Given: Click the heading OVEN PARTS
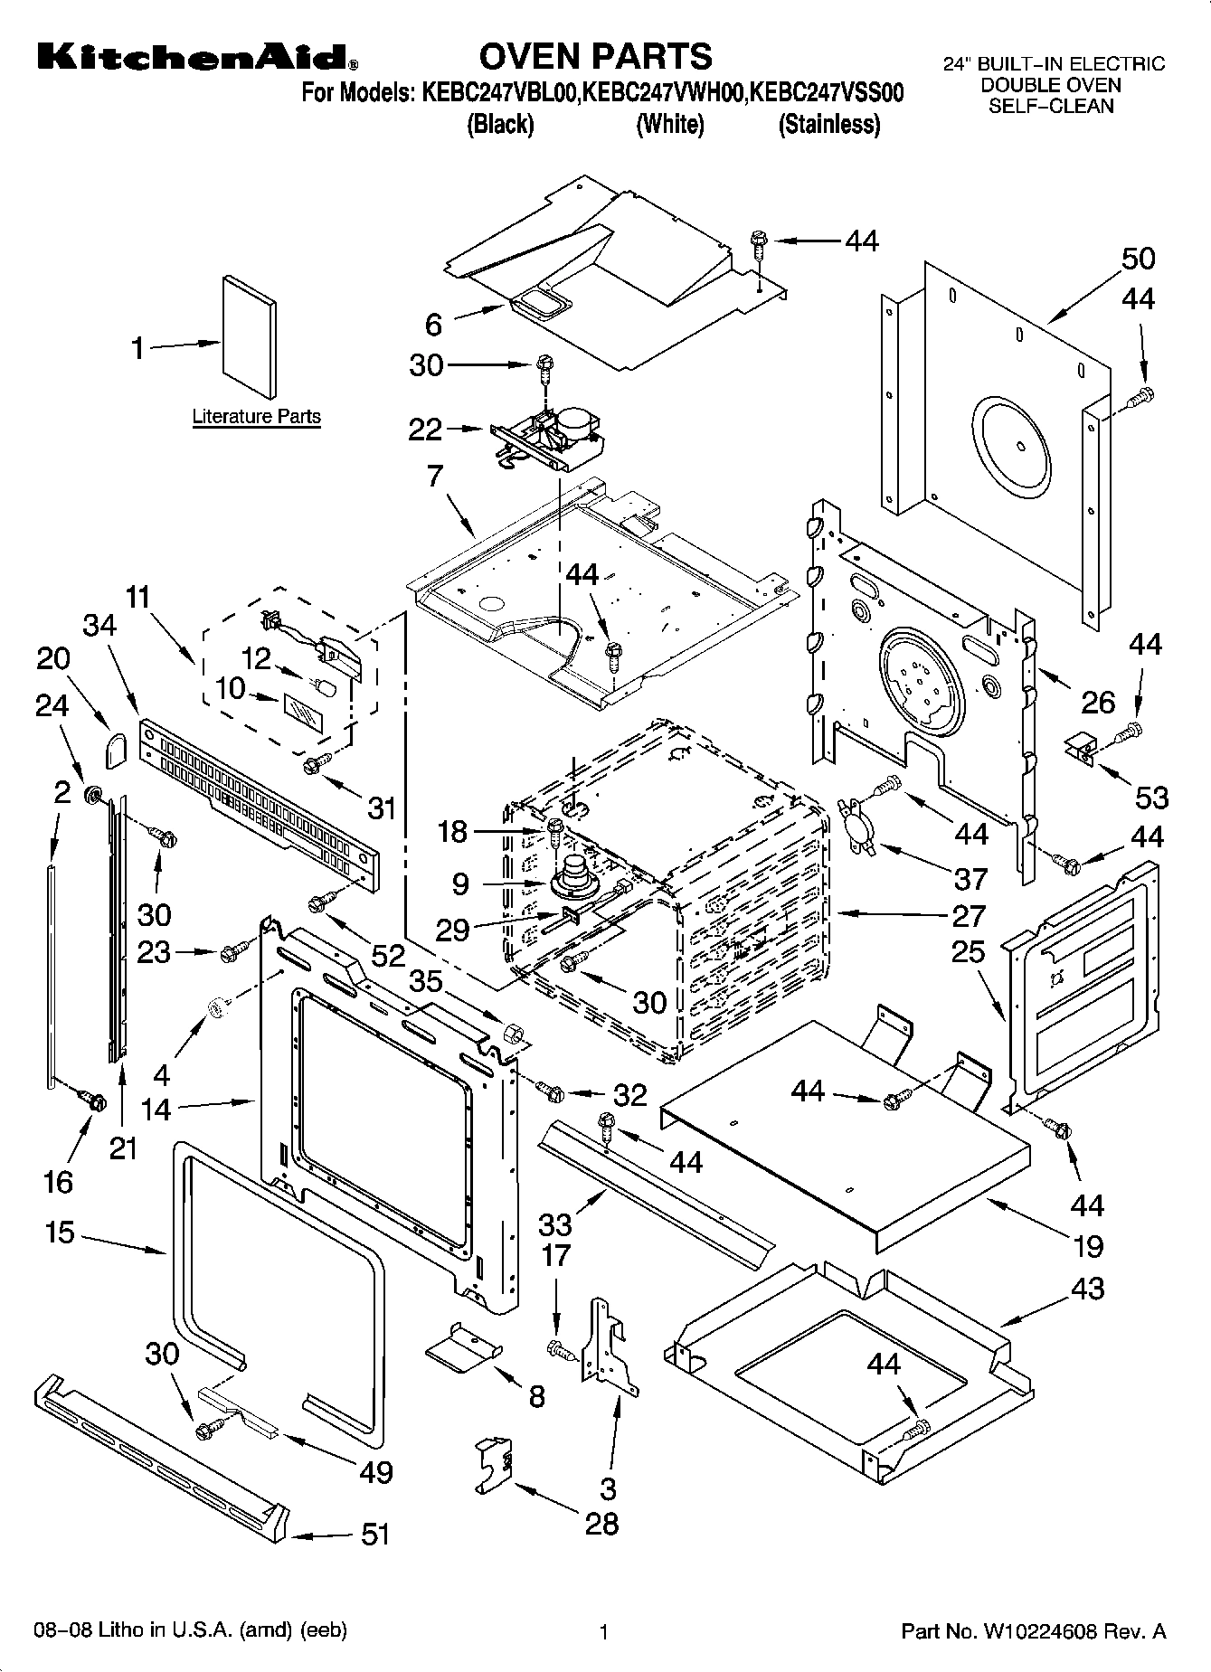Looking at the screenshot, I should pyautogui.click(x=595, y=56).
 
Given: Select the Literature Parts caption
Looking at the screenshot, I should pyautogui.click(x=256, y=417).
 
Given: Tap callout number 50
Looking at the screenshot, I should pyautogui.click(x=1138, y=259).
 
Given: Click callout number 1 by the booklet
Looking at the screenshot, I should pyautogui.click(x=138, y=347).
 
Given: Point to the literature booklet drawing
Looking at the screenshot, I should pyautogui.click(x=249, y=337).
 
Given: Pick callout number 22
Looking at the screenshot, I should pyautogui.click(x=425, y=430).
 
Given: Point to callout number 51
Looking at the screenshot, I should pyautogui.click(x=375, y=1534).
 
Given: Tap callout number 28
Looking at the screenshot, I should pyautogui.click(x=601, y=1523).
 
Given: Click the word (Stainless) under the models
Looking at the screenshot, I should pyautogui.click(x=829, y=124).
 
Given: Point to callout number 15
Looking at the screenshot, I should pyautogui.click(x=60, y=1232).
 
